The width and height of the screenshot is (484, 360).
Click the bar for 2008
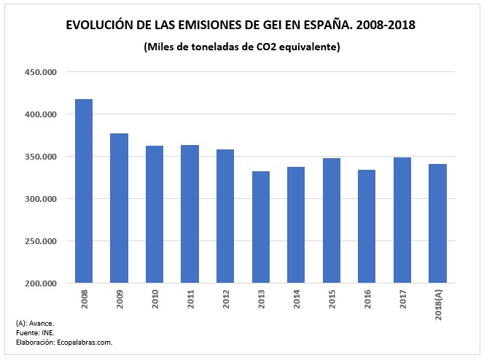click(x=84, y=191)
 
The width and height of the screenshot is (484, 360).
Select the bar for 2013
click(x=261, y=227)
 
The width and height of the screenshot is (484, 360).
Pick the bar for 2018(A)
click(x=437, y=223)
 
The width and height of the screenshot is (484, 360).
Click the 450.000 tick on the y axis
click(x=42, y=72)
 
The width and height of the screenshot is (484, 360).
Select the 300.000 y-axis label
click(x=42, y=199)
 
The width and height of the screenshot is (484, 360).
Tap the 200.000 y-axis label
click(x=42, y=283)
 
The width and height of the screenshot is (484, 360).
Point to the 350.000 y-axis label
click(x=42, y=157)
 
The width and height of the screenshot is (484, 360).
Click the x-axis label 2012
click(x=225, y=298)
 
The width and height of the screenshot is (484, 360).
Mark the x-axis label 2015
click(x=332, y=298)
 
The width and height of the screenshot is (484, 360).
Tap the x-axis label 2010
click(x=155, y=298)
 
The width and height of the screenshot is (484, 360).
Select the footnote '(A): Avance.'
click(x=34, y=323)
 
